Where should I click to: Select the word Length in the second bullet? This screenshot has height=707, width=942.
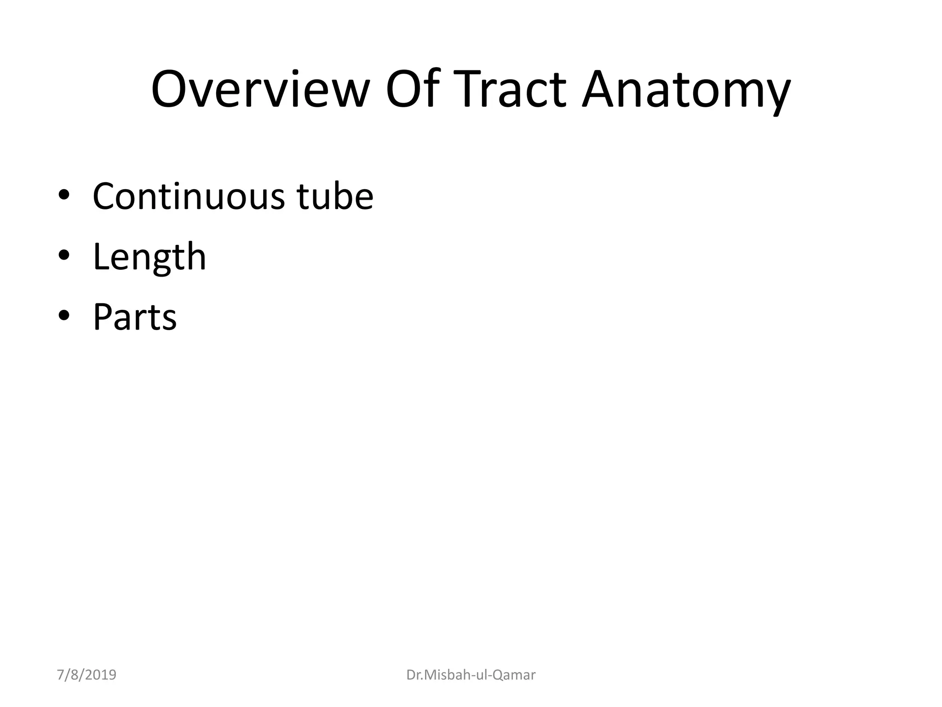coord(149,258)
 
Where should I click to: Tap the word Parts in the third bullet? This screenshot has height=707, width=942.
coord(135,317)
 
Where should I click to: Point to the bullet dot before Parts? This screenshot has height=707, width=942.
coord(64,316)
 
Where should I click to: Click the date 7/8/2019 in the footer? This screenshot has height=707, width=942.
coord(86,675)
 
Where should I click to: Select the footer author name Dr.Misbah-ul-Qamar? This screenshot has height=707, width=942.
coord(471,675)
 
